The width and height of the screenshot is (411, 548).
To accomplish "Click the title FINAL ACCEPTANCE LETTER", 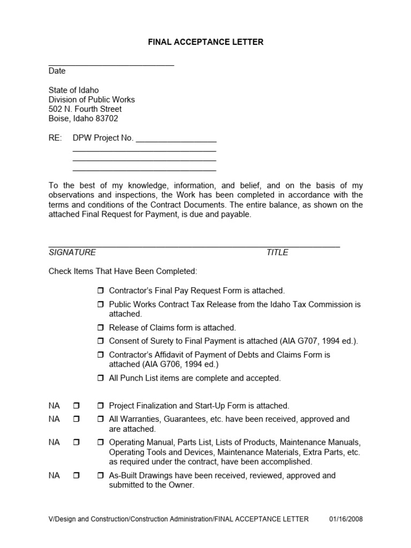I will (205, 42).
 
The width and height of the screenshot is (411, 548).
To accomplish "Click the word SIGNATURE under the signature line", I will (72, 253).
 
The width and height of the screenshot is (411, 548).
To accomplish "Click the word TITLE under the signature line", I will (277, 253).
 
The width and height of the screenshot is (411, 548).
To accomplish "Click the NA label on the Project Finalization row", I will (54, 406).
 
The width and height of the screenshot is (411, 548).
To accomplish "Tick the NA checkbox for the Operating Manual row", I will (75, 443).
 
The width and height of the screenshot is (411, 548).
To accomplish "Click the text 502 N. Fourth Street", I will (85, 109).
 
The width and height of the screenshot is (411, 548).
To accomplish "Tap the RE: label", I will (55, 138).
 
